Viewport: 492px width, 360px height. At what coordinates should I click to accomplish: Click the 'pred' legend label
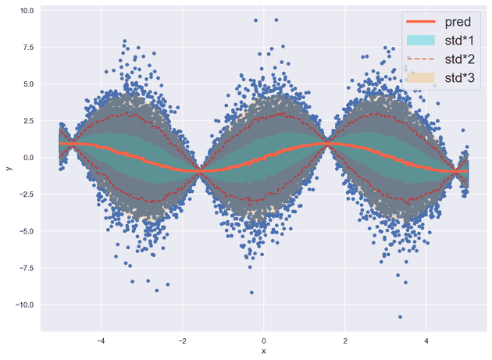pyautogui.click(x=458, y=22)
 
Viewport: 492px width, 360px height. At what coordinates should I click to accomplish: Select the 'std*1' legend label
pyautogui.click(x=461, y=41)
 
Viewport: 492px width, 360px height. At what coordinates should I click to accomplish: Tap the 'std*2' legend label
pyautogui.click(x=461, y=59)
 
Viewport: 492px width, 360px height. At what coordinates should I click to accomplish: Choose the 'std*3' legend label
pyautogui.click(x=461, y=78)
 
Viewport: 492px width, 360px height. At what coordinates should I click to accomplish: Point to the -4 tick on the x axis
pyautogui.click(x=101, y=341)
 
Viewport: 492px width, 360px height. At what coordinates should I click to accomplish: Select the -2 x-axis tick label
pyautogui.click(x=182, y=341)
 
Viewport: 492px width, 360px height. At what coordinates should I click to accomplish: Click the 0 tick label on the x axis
pyautogui.click(x=264, y=341)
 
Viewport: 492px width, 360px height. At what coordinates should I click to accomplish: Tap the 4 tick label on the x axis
pyautogui.click(x=426, y=341)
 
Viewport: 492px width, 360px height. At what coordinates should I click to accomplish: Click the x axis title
pyautogui.click(x=264, y=352)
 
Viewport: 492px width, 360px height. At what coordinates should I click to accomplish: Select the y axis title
pyautogui.click(x=9, y=167)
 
